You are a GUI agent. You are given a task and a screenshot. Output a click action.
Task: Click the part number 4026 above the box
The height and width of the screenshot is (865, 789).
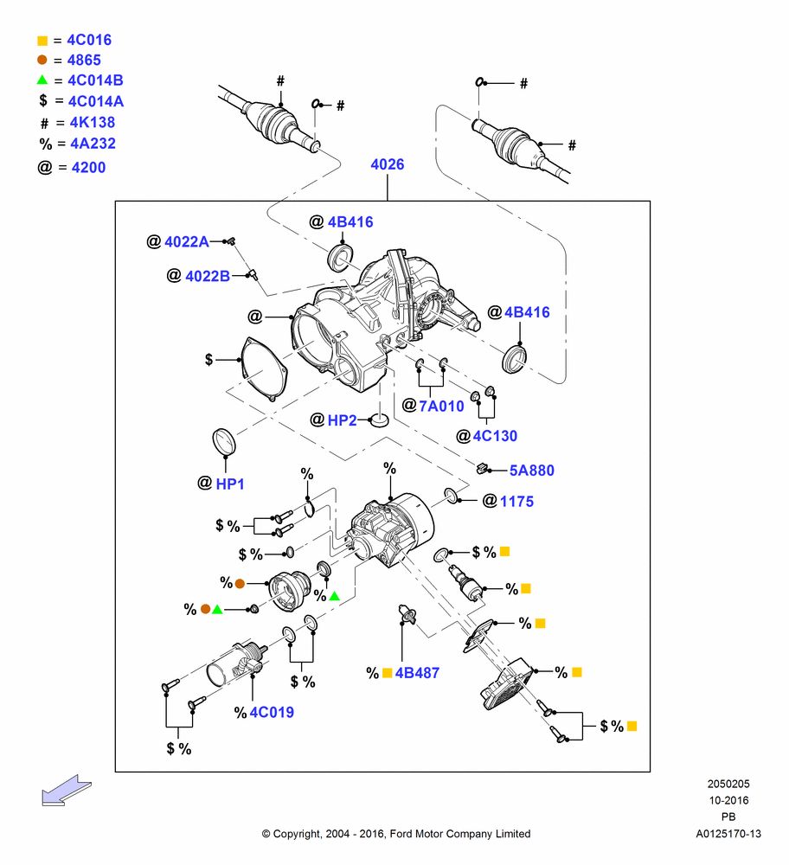coord(388,164)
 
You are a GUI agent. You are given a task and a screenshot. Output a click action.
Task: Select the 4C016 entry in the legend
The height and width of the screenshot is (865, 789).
coord(89,41)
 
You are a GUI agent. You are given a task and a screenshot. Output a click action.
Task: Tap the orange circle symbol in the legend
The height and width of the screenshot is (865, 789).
coord(42,60)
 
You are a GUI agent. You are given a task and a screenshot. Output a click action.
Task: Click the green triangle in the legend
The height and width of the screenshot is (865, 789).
coord(42,80)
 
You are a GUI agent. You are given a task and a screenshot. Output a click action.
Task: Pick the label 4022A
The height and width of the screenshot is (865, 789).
coord(187,241)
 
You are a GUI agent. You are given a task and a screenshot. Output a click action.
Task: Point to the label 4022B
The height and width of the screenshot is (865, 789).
coord(208,276)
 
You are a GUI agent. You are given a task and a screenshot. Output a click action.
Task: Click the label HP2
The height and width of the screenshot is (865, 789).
coord(342,420)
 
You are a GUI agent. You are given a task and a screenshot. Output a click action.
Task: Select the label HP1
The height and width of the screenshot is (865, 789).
coord(230,484)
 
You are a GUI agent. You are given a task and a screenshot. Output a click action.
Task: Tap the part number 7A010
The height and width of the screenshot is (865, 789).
coord(441,406)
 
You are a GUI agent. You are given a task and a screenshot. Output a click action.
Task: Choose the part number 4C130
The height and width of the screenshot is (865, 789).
coord(495,436)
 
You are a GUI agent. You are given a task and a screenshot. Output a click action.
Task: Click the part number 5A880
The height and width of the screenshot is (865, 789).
coord(531,471)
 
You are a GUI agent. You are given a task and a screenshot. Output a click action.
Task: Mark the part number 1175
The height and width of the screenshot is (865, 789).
coord(516,502)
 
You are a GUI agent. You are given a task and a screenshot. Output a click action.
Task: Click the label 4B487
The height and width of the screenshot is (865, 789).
coord(417,673)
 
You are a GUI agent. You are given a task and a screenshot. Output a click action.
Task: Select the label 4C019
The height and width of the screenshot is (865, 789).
coord(272,712)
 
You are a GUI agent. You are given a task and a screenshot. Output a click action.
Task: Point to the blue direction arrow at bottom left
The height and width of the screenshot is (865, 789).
coord(67,791)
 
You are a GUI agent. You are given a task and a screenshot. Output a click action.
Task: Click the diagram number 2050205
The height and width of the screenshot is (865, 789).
coord(728,784)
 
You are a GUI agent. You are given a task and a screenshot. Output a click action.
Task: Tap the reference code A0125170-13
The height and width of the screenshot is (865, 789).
coord(728,834)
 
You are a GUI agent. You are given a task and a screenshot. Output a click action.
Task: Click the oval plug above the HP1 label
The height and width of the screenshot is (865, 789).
coord(224,442)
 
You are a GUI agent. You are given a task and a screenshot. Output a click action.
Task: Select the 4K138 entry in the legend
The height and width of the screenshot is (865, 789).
coord(93,123)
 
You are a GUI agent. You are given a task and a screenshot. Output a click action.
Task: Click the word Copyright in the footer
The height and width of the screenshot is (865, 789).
coord(297,834)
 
